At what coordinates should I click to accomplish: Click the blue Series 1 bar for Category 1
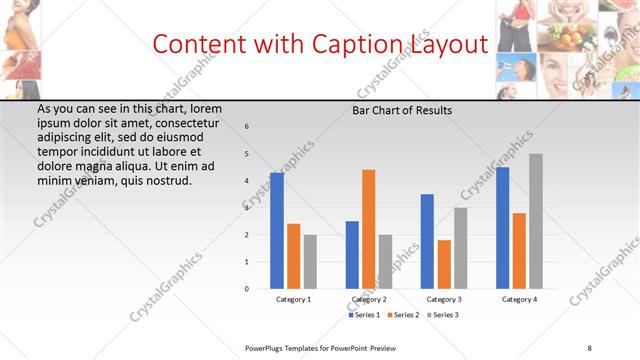277,230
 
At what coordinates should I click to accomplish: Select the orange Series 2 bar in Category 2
369,229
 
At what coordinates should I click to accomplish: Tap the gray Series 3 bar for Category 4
536,221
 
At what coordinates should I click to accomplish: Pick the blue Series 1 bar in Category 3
427,241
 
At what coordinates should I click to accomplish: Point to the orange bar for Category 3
444,264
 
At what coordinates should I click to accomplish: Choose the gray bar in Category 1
310,261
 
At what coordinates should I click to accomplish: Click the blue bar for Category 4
502,227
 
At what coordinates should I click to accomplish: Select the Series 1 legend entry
366,315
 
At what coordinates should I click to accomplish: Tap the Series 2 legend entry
404,315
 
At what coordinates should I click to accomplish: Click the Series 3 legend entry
442,315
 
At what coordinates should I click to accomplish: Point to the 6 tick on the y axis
247,127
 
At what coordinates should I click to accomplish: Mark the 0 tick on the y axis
247,289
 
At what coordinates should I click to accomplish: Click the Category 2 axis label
369,300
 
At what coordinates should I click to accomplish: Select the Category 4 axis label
519,300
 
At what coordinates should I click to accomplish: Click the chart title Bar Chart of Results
402,110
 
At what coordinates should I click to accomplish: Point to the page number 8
589,347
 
